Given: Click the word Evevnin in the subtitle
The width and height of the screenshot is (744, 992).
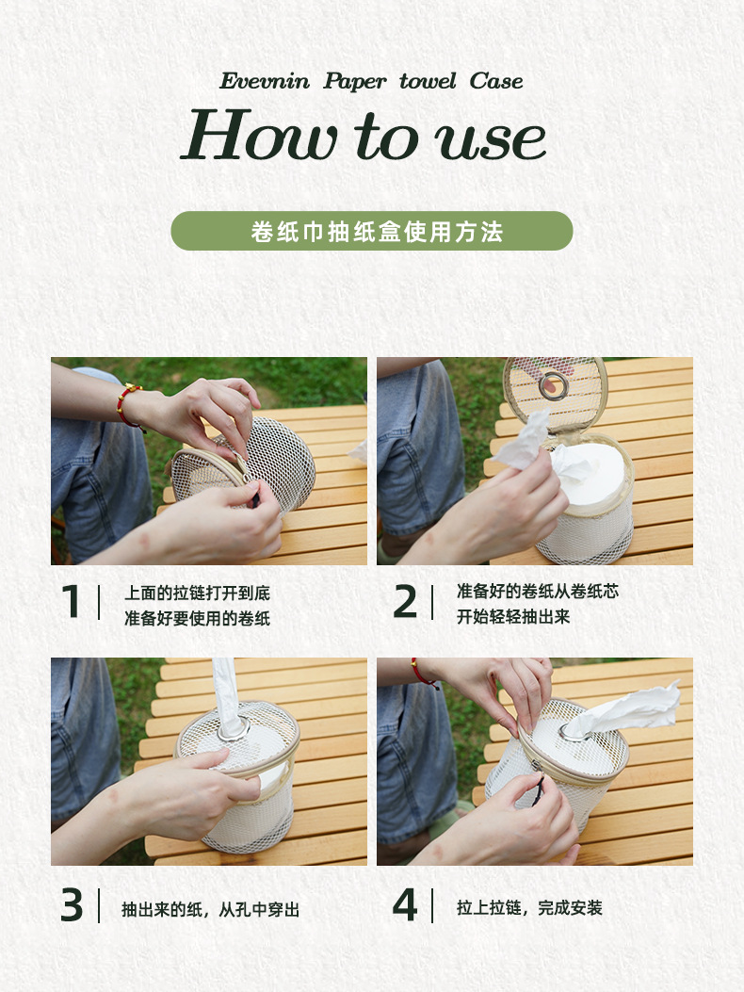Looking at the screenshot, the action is coord(265,81).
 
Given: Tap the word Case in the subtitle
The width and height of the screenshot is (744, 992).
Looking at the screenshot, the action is coord(496,81).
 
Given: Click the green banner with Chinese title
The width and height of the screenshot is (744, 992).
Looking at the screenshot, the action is coord(372,231).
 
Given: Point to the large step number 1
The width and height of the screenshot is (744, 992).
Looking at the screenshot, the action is coord(71,601).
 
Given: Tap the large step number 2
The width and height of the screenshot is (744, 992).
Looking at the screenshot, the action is coord(405,601).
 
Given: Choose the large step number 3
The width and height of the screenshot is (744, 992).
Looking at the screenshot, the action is coord(72,904).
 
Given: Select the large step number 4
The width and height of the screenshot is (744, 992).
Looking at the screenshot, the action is coord(405,904).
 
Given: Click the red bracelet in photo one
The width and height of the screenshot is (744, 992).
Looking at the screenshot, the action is coord(126,405).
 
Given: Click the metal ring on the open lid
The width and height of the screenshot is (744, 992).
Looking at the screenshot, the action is coord(554,386).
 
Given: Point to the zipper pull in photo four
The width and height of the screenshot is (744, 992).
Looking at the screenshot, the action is coord(540,788).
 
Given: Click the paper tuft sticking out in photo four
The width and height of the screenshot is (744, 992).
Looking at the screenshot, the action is coord(623,712).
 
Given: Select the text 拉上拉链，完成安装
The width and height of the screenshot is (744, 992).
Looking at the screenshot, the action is coord(529,908).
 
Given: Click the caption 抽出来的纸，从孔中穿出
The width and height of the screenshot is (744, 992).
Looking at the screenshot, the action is coord(211,909).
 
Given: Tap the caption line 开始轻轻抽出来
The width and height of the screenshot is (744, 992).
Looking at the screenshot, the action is coord(513,617).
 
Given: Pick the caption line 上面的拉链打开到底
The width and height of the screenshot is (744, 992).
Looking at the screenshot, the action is coord(198,593).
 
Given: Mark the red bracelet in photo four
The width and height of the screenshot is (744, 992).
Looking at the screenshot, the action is coord(424,674).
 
